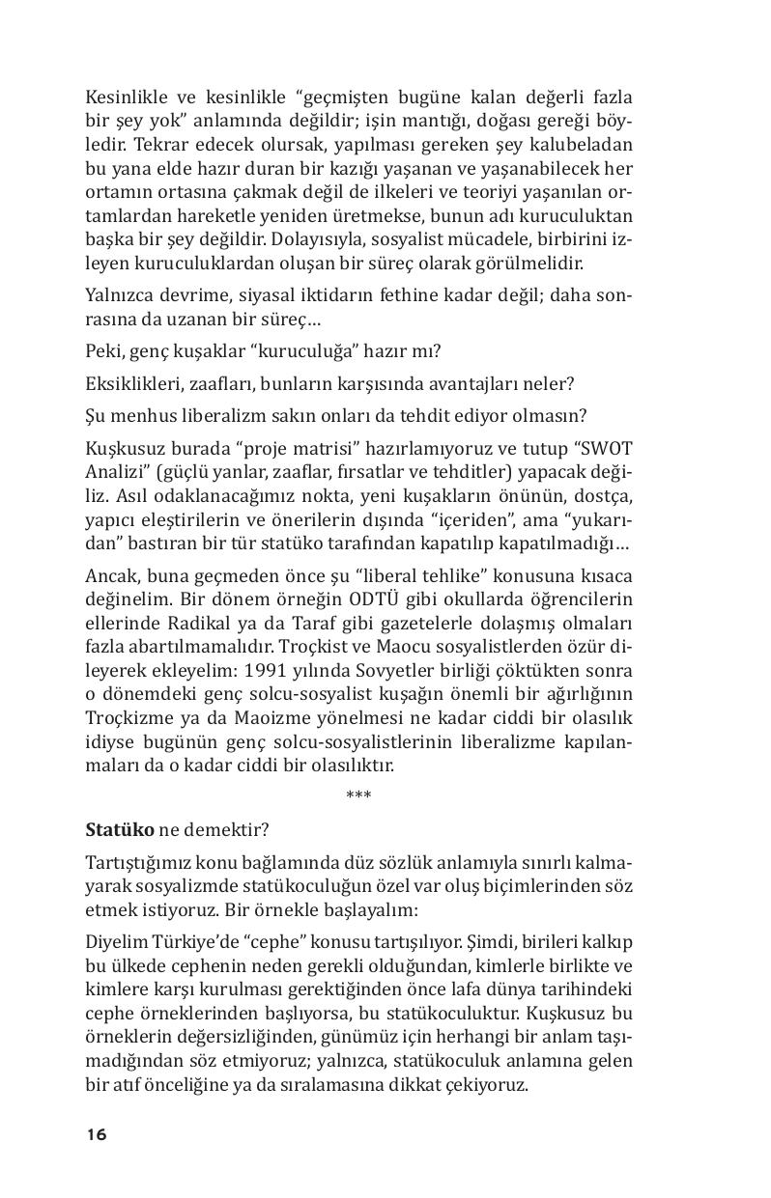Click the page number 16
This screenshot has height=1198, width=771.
coord(96,1134)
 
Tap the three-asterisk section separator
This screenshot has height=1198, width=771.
coord(358,795)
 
